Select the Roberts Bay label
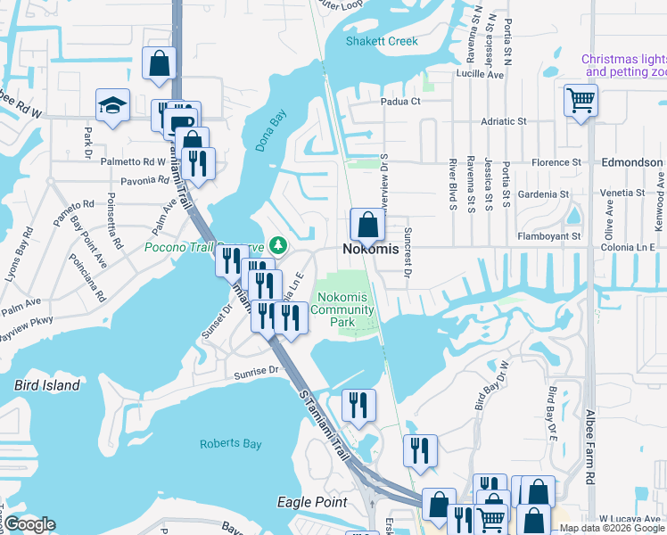[230, 443]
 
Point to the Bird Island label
[47, 385]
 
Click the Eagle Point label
[311, 502]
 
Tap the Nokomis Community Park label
[345, 309]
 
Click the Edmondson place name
[631, 163]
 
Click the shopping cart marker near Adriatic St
[581, 101]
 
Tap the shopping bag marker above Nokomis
[367, 226]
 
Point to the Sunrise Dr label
[257, 368]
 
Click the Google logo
[29, 523]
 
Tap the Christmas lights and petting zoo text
[623, 65]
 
